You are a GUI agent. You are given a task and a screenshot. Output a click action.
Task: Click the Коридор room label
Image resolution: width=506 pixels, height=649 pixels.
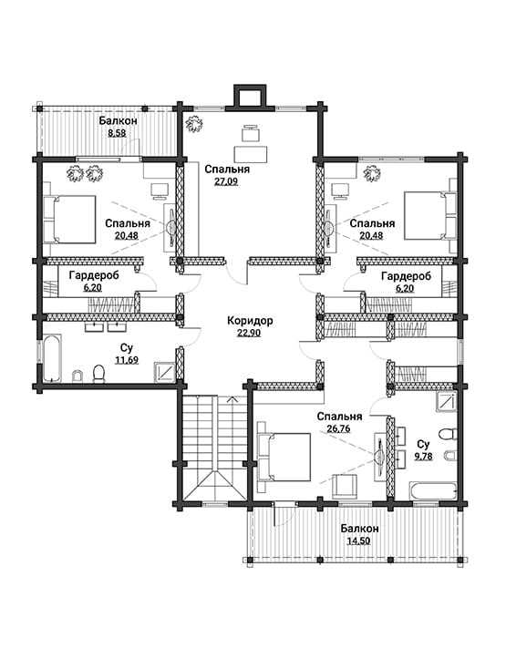(x=250, y=320)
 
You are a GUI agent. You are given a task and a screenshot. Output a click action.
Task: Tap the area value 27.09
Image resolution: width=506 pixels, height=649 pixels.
(x=226, y=181)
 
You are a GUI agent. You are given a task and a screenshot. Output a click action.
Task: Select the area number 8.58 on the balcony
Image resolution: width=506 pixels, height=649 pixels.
(x=117, y=133)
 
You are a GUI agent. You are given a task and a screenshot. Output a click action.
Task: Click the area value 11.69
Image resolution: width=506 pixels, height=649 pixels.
(x=127, y=360)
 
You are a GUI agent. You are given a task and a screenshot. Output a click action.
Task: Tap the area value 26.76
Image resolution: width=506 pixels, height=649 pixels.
(x=339, y=428)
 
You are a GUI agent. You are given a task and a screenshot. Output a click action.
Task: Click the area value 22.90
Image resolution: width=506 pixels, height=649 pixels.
(x=249, y=334)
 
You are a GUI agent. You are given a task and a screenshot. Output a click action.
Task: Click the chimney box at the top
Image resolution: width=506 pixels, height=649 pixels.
(x=250, y=96)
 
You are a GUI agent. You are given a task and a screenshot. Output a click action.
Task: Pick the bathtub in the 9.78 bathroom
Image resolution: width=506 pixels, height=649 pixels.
(x=433, y=491)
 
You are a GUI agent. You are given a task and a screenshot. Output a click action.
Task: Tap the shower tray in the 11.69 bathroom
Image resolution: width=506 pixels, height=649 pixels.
(x=164, y=371)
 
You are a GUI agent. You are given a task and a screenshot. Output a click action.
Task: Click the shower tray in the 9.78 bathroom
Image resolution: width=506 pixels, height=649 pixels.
(x=447, y=401)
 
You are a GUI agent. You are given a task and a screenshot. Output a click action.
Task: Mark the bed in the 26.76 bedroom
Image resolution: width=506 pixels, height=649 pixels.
(x=284, y=457)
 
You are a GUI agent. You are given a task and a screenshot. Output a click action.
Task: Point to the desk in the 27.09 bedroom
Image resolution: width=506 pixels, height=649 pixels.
(x=251, y=153)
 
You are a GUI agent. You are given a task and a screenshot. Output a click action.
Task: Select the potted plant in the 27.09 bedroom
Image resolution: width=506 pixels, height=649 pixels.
(x=193, y=124)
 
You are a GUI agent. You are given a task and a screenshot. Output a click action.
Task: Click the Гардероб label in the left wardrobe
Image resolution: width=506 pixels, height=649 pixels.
(x=94, y=275)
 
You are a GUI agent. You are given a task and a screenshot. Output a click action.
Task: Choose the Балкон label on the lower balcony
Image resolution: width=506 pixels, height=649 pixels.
(x=359, y=529)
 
